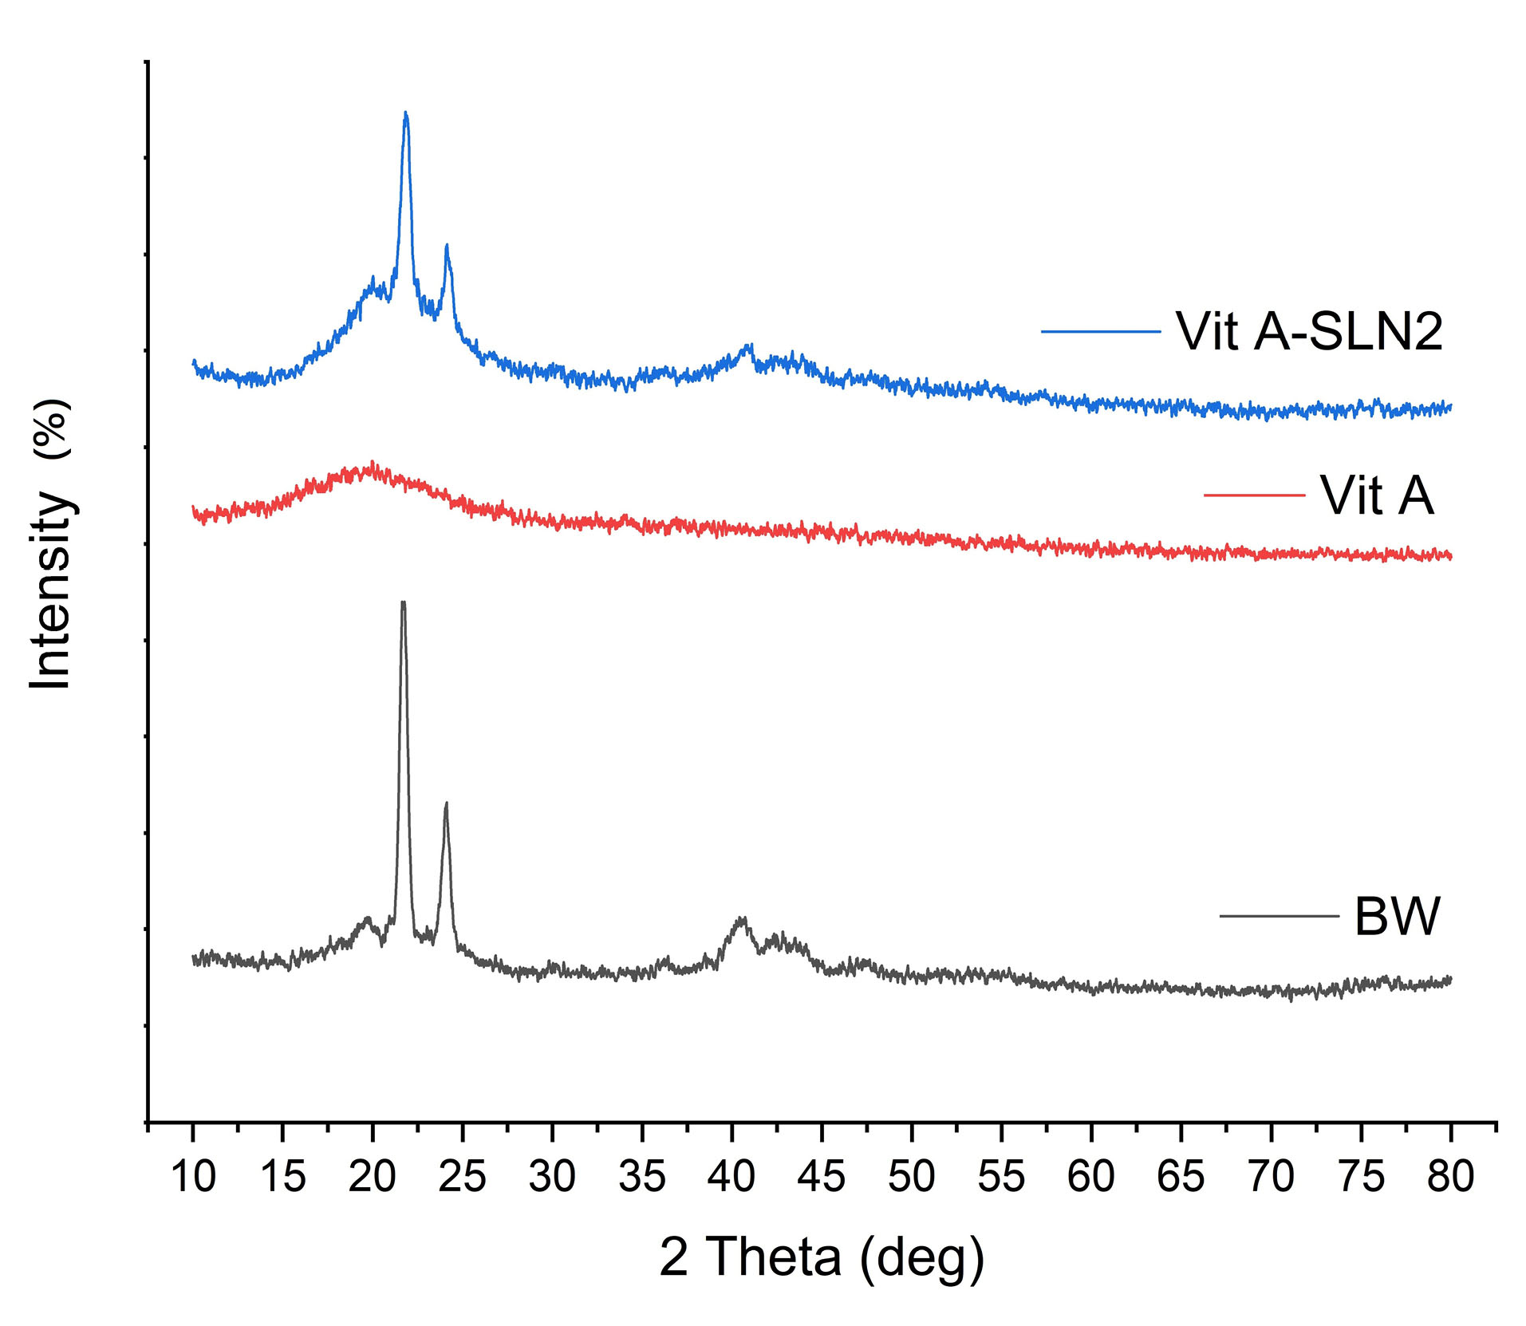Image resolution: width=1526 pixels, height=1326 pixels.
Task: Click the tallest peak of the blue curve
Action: [406, 114]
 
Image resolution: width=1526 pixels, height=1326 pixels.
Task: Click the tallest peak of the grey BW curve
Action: [403, 603]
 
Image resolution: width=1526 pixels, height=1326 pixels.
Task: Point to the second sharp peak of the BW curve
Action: [446, 804]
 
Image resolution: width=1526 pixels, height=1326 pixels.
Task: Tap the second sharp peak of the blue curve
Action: [447, 247]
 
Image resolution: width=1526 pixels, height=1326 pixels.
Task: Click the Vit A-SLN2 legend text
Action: [1309, 331]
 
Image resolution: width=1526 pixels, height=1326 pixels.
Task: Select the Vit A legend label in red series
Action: [1377, 495]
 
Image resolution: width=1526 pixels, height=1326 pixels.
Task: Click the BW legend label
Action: [1397, 916]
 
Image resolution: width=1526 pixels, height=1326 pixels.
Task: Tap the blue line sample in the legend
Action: [1100, 331]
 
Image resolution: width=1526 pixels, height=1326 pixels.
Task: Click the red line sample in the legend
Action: [1254, 495]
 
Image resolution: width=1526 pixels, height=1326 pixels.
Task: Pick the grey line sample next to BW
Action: [1279, 916]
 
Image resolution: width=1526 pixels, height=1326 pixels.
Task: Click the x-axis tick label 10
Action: [193, 1177]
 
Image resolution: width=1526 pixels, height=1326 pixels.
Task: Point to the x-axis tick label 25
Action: [463, 1177]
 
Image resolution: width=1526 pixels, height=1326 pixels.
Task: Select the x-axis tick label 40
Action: [731, 1177]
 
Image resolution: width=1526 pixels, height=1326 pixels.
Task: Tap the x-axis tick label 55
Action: [1001, 1177]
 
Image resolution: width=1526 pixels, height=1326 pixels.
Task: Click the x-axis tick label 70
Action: [1271, 1177]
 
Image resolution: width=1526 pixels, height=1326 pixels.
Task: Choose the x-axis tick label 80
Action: [1450, 1177]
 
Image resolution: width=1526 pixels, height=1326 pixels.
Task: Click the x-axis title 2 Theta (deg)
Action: [822, 1258]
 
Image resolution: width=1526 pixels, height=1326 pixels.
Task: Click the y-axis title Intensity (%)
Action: [51, 545]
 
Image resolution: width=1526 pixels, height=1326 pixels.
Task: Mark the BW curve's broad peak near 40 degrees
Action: [742, 919]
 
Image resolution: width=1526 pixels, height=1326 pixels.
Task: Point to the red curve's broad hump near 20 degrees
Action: [371, 464]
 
